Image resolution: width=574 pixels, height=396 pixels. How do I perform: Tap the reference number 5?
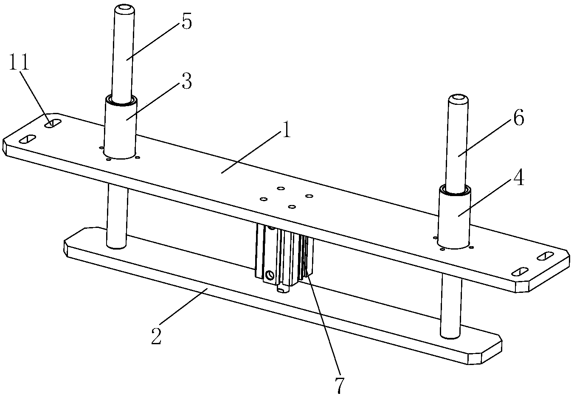(x=186, y=22)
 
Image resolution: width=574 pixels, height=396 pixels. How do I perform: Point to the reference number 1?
(x=286, y=131)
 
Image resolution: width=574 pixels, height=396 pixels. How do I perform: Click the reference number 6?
(x=518, y=118)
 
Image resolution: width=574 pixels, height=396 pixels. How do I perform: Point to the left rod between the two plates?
(x=116, y=216)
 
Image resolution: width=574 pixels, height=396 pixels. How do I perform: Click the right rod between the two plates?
(x=450, y=306)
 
